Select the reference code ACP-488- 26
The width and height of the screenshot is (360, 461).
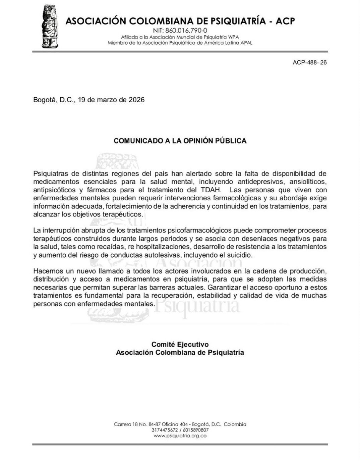[309, 62]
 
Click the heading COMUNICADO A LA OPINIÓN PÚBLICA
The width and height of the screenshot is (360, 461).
[180, 141]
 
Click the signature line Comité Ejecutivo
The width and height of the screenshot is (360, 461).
[180, 344]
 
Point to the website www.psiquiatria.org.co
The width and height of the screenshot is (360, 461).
[180, 436]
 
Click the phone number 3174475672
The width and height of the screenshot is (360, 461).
[164, 430]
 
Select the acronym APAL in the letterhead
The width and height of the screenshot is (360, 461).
[246, 43]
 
